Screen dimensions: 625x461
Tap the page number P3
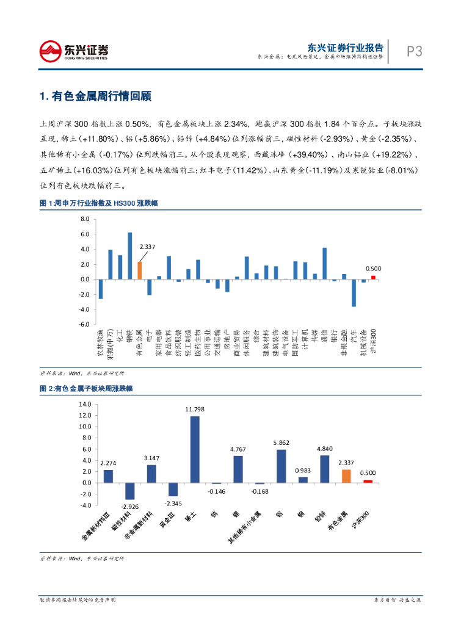pos(415,51)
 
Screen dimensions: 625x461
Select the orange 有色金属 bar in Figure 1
pos(139,270)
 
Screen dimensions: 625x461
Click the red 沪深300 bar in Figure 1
pos(373,278)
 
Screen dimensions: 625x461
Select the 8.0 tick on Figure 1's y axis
pos(85,219)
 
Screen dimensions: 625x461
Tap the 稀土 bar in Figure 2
pos(195,449)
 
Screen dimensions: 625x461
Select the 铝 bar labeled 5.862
pos(281,466)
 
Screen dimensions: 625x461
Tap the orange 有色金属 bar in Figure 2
pos(346,476)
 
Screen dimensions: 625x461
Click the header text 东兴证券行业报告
pos(346,47)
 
